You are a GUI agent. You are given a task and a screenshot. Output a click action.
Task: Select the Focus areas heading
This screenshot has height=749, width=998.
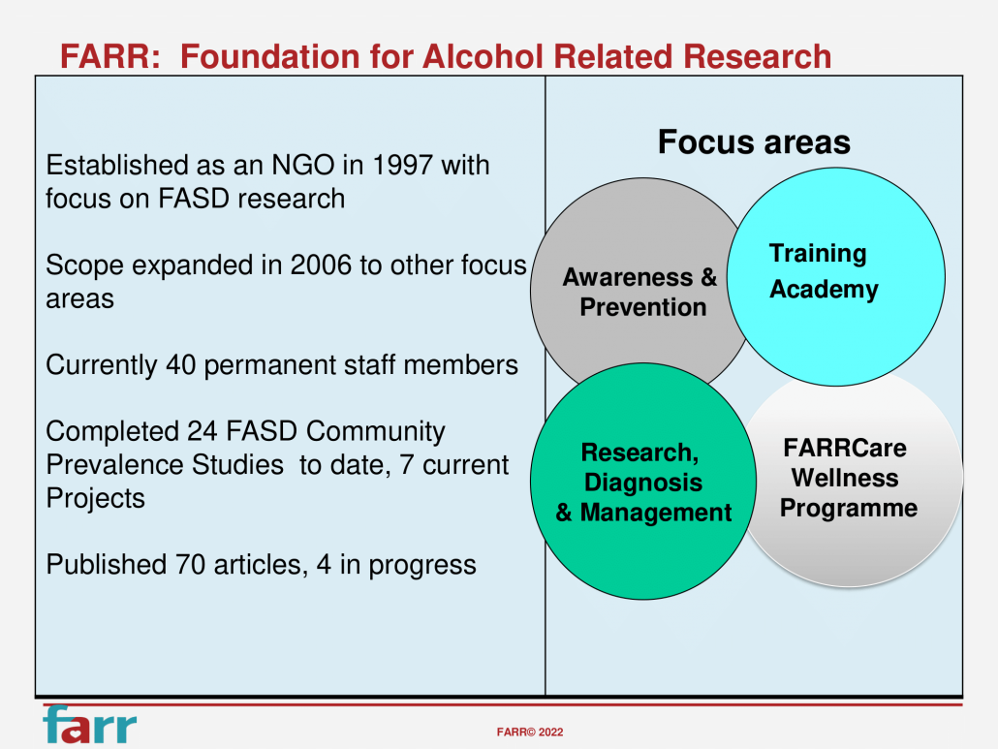click(754, 142)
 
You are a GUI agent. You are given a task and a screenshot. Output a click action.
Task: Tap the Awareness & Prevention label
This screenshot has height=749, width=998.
click(640, 293)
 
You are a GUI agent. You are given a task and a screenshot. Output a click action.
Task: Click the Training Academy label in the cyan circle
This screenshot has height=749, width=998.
click(823, 271)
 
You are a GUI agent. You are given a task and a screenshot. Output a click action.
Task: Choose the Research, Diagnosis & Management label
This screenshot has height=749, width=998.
click(642, 483)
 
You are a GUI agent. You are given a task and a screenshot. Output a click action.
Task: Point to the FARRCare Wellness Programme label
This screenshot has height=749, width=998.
click(847, 479)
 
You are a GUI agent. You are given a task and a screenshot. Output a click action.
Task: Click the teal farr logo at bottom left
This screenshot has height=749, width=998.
click(89, 726)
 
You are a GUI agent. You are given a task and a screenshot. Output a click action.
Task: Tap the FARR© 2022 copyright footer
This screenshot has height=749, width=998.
click(529, 733)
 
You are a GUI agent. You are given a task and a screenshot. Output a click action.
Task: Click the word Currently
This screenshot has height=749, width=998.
click(103, 365)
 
